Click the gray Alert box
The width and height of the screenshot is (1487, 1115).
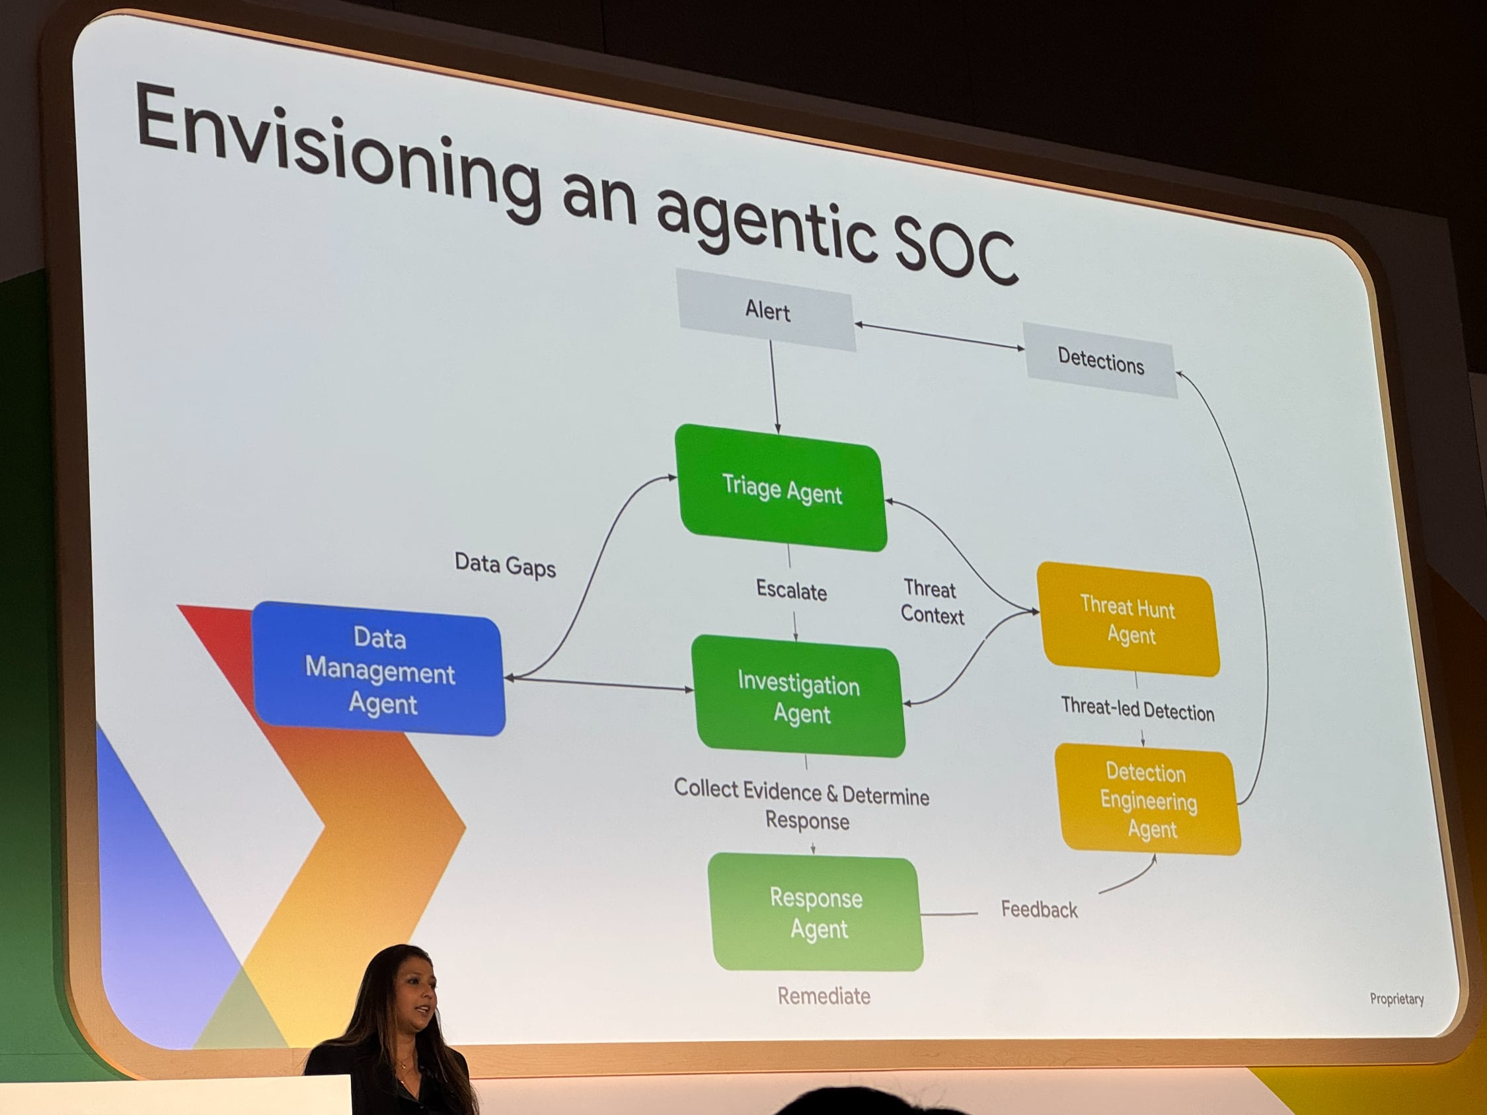(x=767, y=310)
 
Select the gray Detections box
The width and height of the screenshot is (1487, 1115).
(x=1100, y=361)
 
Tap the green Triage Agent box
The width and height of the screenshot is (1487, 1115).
(x=781, y=489)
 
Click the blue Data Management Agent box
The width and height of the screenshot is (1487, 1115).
(x=380, y=669)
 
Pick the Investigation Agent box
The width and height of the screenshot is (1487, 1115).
(x=799, y=696)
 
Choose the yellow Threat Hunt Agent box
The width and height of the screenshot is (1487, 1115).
(x=1129, y=620)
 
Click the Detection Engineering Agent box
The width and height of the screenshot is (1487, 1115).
(x=1149, y=801)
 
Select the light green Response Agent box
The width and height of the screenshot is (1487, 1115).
(x=817, y=913)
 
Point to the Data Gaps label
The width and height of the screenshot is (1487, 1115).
(x=505, y=565)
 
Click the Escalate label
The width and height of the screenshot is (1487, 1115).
(x=791, y=591)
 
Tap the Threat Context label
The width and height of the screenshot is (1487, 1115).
(x=932, y=602)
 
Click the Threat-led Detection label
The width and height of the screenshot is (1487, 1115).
(x=1137, y=709)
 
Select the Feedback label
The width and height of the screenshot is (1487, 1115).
(x=1039, y=910)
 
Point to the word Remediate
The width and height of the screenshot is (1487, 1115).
(x=823, y=995)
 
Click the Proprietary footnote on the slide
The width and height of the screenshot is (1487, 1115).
(x=1396, y=999)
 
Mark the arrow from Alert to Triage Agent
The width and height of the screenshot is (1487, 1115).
(x=774, y=386)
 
